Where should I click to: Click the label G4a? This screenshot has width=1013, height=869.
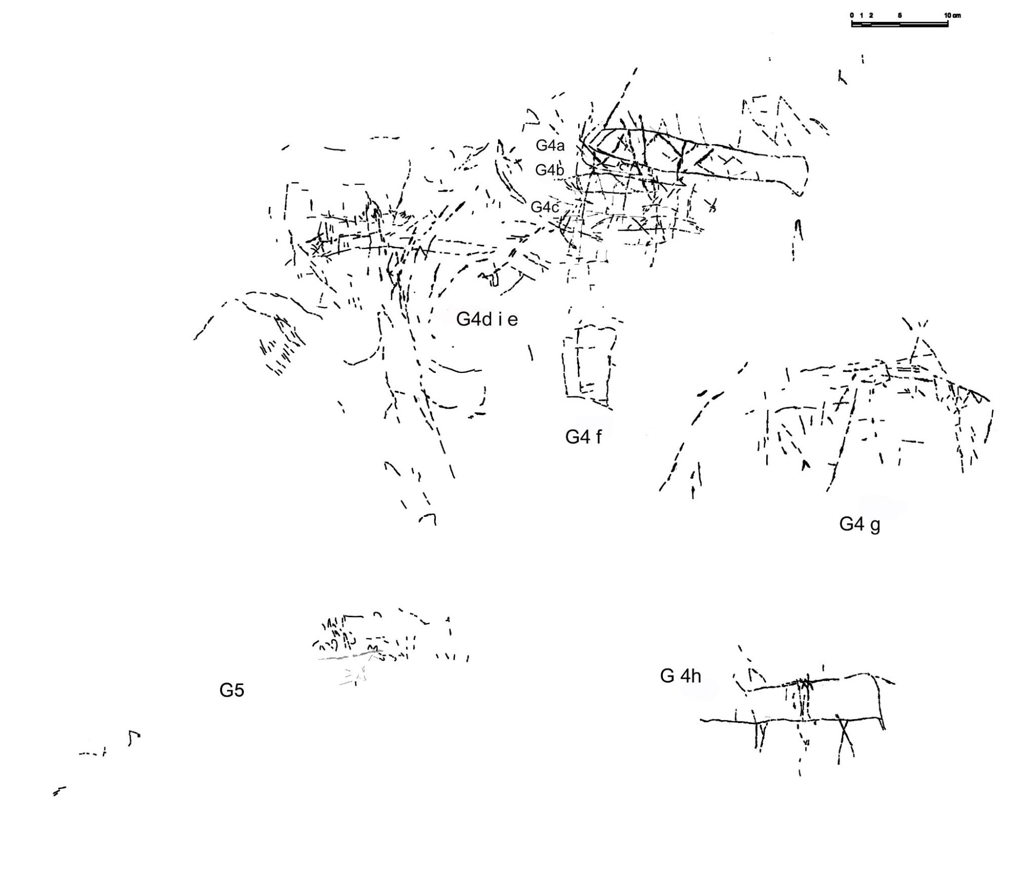click(x=550, y=146)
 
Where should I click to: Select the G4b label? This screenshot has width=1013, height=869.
click(x=549, y=170)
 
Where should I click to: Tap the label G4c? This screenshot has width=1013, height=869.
click(x=545, y=207)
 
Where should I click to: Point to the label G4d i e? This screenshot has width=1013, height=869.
click(x=486, y=319)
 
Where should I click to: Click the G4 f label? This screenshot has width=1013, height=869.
click(x=583, y=436)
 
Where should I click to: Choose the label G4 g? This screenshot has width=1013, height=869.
click(x=859, y=524)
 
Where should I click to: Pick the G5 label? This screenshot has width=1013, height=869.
click(x=232, y=690)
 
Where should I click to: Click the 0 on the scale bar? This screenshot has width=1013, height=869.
click(x=852, y=15)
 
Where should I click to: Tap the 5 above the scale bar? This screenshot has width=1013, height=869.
click(x=899, y=15)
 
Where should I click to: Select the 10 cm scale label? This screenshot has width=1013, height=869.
click(x=952, y=15)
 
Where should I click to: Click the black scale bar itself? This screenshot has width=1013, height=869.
click(x=899, y=24)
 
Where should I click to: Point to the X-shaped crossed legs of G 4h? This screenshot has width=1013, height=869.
click(x=844, y=737)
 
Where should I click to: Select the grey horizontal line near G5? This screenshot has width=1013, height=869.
click(x=350, y=656)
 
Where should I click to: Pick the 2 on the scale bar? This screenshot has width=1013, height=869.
click(x=871, y=15)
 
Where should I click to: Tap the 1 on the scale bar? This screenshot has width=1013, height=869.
click(x=861, y=15)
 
